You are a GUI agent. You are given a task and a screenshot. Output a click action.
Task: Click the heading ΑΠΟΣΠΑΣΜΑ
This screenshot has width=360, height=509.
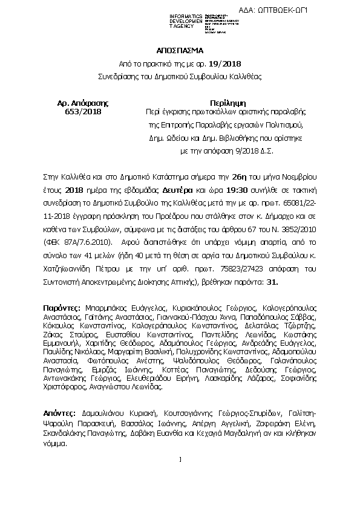pos(180,51)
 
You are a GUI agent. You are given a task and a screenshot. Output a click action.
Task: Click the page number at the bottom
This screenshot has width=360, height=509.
pos(180,477)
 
